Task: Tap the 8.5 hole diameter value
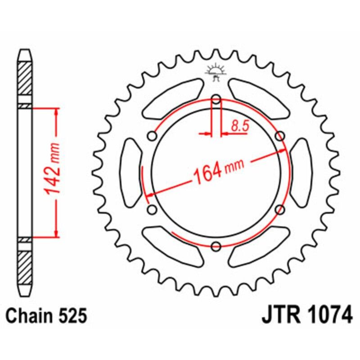[240, 126]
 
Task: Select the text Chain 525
[46, 316]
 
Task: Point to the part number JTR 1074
[307, 316]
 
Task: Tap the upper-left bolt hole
[153, 136]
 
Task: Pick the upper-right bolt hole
[279, 136]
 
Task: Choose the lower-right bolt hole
[279, 209]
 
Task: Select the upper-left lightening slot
[172, 98]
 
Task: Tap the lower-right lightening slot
[259, 247]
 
